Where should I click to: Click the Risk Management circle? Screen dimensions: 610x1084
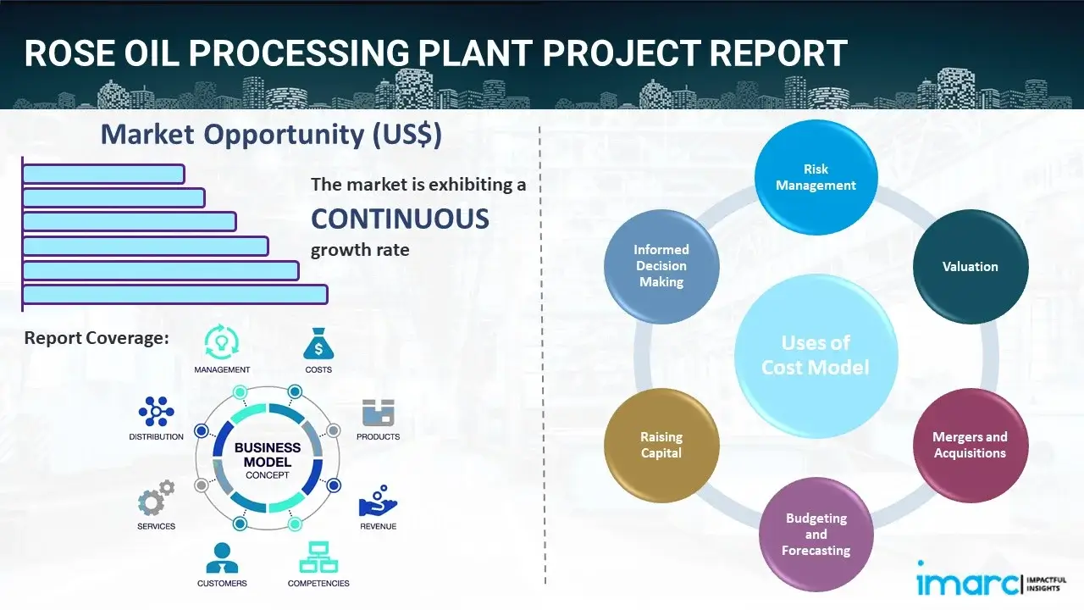pos(816,178)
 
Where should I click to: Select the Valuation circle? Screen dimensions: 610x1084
pos(970,267)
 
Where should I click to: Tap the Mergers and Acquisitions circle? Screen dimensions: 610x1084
pos(970,445)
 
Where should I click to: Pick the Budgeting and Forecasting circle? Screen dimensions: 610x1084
pos(816,534)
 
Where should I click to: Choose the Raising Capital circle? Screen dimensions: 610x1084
pos(661,445)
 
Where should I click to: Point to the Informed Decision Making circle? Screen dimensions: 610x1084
pos(661,266)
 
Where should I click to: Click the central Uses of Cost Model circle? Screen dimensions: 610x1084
pos(816,355)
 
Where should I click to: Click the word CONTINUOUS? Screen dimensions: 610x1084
pos(400,219)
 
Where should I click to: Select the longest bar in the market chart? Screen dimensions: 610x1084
pos(174,294)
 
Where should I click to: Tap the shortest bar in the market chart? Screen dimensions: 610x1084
pos(103,174)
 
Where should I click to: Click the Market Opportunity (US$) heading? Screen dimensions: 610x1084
pos(271,135)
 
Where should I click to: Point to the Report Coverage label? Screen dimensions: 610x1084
pos(97,338)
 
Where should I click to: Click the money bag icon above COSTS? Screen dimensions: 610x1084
pos(318,345)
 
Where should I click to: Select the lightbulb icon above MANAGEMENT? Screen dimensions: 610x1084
pos(222,342)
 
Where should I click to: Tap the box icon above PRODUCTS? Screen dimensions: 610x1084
pos(378,413)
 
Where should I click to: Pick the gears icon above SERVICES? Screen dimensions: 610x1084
pos(156,501)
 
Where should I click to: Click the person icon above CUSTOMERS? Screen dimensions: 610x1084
pos(222,557)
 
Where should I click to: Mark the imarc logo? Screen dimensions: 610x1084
pos(968,583)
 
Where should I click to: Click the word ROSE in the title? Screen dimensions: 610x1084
pos(70,53)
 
